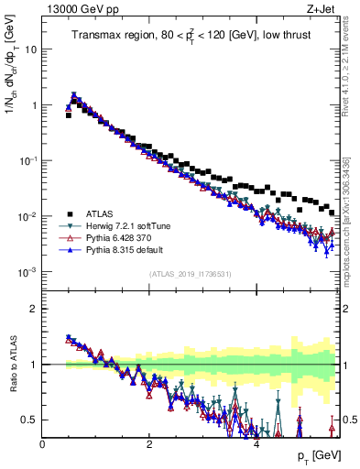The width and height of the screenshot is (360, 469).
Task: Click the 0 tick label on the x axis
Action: (42, 443)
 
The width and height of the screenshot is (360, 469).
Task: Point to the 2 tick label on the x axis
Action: (149, 443)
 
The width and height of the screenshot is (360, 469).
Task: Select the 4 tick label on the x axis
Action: (256, 443)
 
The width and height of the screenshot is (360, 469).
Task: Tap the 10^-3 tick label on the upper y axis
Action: (28, 272)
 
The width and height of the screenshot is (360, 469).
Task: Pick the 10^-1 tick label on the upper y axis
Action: (28, 161)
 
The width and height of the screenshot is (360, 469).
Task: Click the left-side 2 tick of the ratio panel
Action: (34, 309)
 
